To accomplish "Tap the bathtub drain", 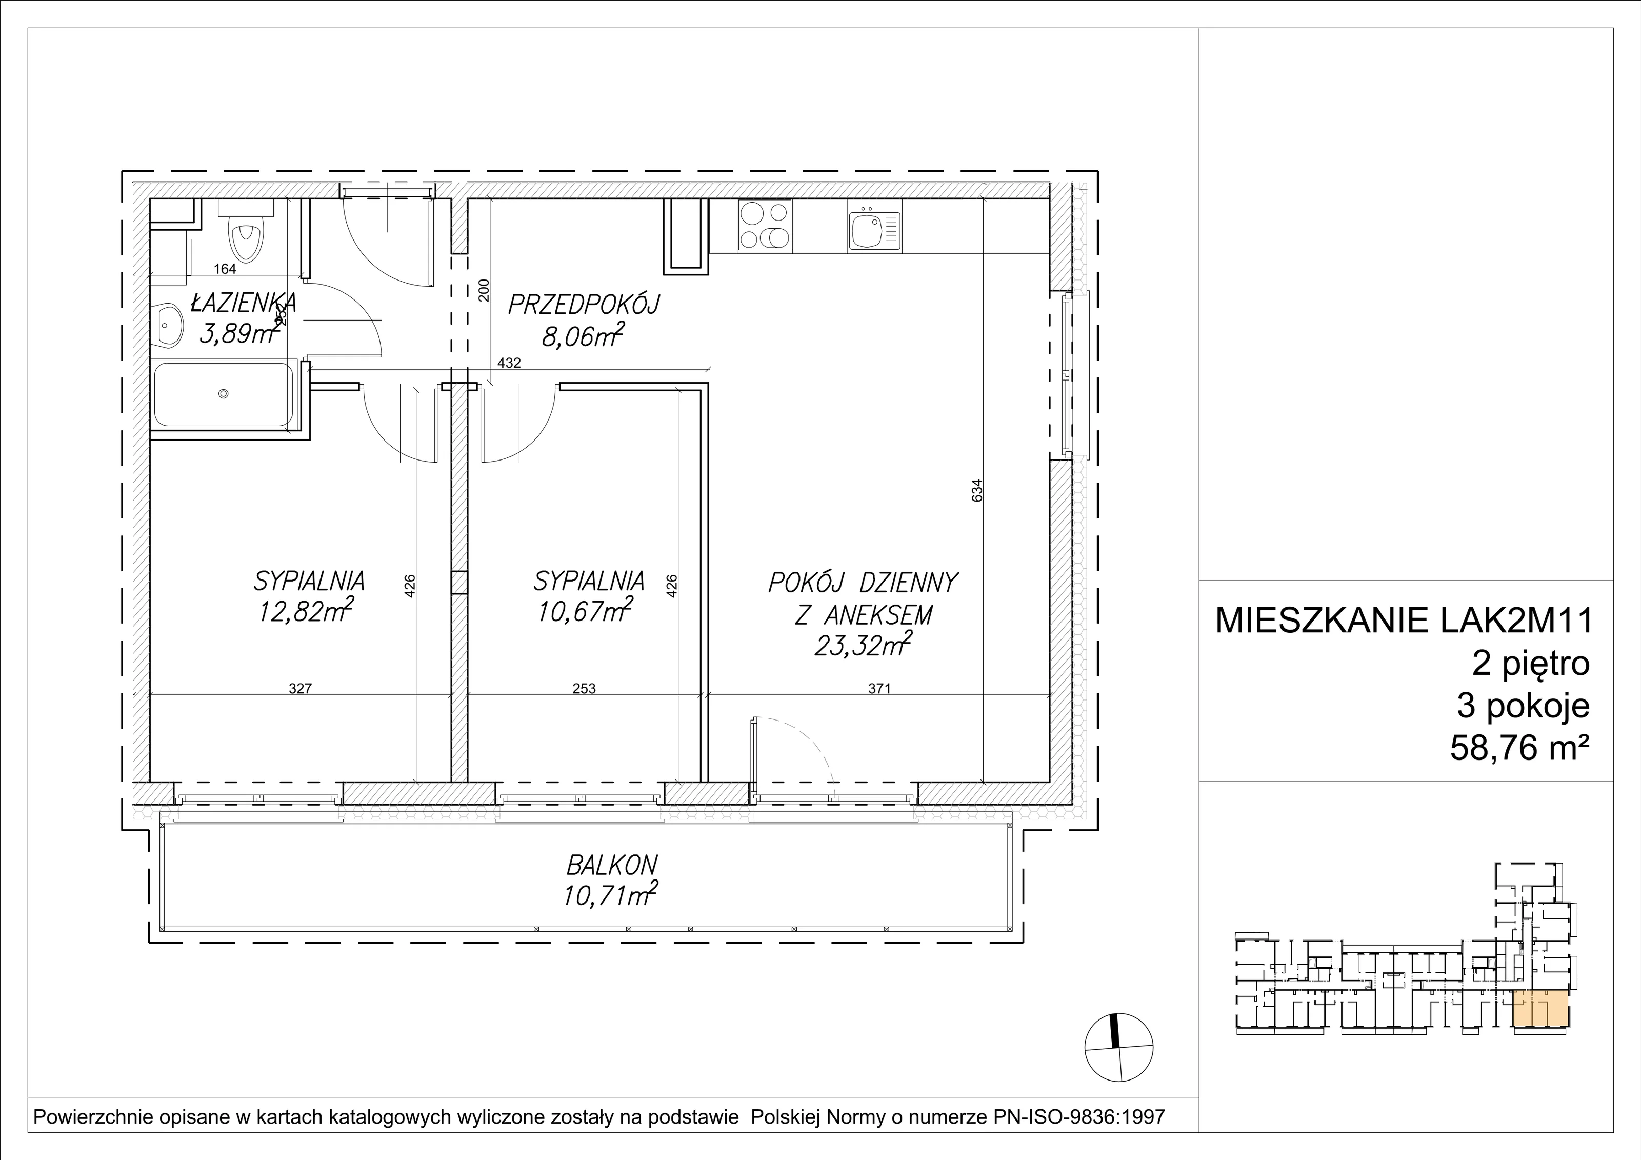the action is tap(224, 394).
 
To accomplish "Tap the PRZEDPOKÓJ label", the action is tap(584, 305).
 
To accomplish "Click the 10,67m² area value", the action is tap(585, 612).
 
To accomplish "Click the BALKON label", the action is tap(612, 866).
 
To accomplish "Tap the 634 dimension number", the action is tap(978, 490).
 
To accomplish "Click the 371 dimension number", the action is tap(880, 689).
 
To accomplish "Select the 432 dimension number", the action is tap(509, 363).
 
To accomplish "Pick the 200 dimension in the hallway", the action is tap(484, 290).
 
